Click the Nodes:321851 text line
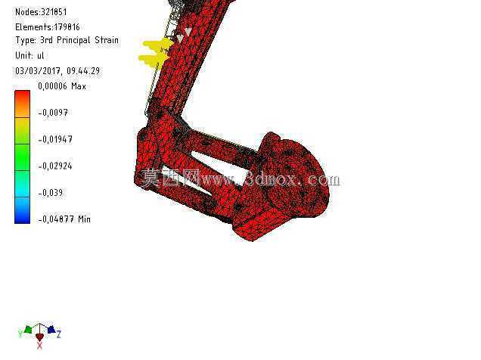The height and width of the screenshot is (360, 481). tap(41, 12)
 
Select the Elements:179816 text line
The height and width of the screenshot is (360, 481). tap(47, 27)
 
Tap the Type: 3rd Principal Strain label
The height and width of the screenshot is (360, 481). tap(67, 40)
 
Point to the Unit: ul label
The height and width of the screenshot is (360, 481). tap(29, 55)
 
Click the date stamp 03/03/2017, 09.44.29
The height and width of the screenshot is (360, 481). tap(57, 71)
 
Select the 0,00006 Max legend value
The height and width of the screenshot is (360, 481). tap(62, 86)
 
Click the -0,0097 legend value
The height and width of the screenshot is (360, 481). tap(53, 113)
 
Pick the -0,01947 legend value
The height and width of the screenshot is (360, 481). tap(55, 139)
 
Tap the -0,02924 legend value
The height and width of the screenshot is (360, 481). tap(55, 166)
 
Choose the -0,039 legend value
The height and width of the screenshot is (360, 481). tap(51, 193)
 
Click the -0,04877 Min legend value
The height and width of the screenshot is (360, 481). tap(64, 219)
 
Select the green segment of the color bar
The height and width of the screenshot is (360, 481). tap(23, 157)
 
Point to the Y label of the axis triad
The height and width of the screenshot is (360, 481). tap(20, 333)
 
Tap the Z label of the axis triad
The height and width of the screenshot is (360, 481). tap(58, 334)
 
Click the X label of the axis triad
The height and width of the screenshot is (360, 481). tap(39, 346)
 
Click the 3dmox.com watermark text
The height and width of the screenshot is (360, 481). tap(293, 179)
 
